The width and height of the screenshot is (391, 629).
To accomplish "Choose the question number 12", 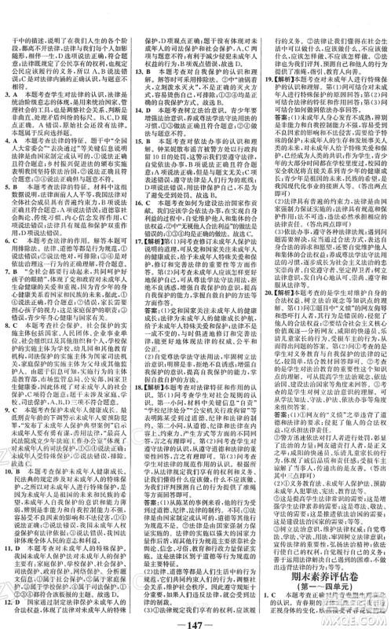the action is click(9, 605).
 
